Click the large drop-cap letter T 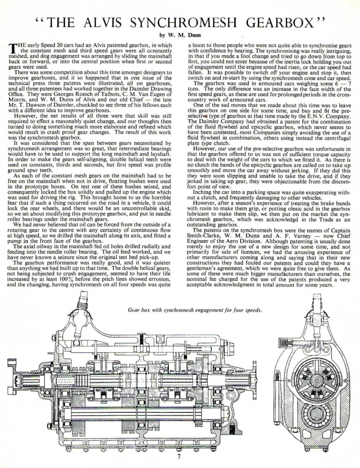pos(12,48)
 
